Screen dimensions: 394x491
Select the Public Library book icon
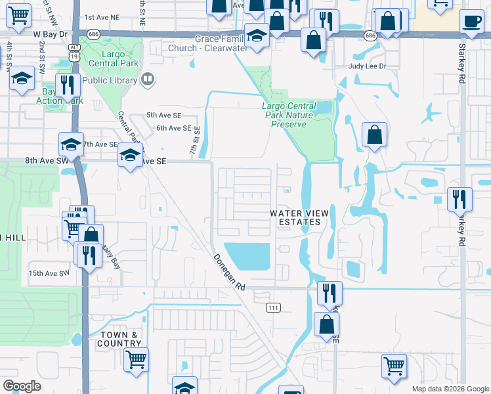[148, 80]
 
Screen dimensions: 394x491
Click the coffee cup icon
[471, 21]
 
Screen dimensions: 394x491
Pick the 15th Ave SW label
[48, 273]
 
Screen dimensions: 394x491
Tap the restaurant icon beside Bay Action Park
[68, 85]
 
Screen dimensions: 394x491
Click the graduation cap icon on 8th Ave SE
[130, 157]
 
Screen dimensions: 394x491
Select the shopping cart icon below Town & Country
[137, 359]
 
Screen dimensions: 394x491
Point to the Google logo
[22, 386]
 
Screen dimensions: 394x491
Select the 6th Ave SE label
[174, 129]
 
